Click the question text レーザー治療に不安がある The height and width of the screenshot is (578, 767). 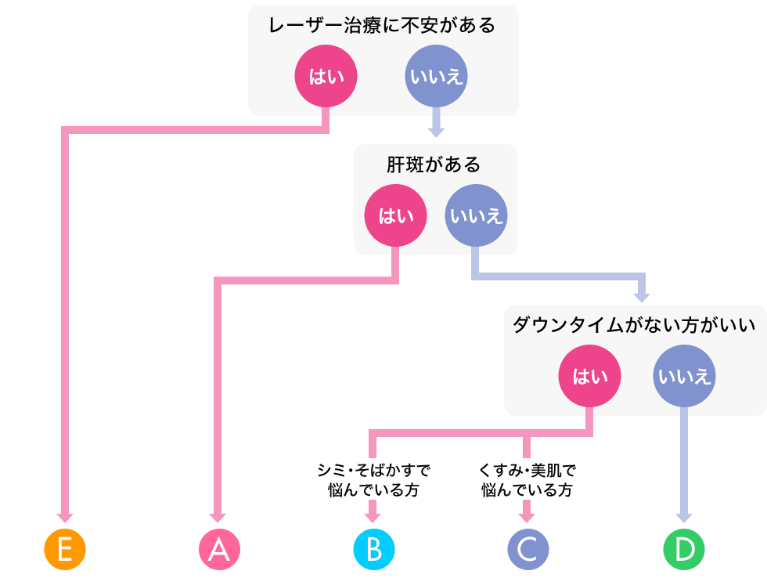pos(382,26)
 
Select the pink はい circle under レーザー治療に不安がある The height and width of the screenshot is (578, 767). pos(326,77)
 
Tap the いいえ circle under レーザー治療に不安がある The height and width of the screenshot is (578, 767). pos(436,77)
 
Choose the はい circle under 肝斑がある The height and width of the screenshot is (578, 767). pos(396,215)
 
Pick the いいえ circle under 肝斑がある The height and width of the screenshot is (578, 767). pos(476,215)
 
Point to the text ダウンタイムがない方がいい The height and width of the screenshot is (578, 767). pos(634,325)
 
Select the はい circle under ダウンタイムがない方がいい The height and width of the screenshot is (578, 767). pos(590,377)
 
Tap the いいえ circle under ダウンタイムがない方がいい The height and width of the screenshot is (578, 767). pos(684,377)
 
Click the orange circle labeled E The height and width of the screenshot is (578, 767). pos(64,550)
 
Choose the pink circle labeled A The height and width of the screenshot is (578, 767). pos(218,550)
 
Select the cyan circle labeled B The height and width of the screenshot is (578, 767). pos(373,550)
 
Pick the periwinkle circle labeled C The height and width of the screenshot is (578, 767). pos(528,550)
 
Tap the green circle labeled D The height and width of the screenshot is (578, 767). pos(684,550)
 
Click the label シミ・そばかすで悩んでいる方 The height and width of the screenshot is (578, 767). pos(373,480)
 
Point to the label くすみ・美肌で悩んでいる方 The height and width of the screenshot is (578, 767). pos(527,480)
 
